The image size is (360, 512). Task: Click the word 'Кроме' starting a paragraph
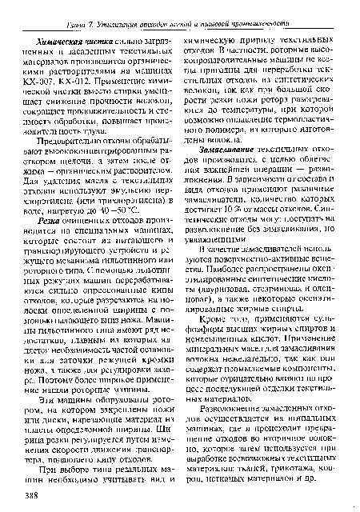[x=222, y=363]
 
